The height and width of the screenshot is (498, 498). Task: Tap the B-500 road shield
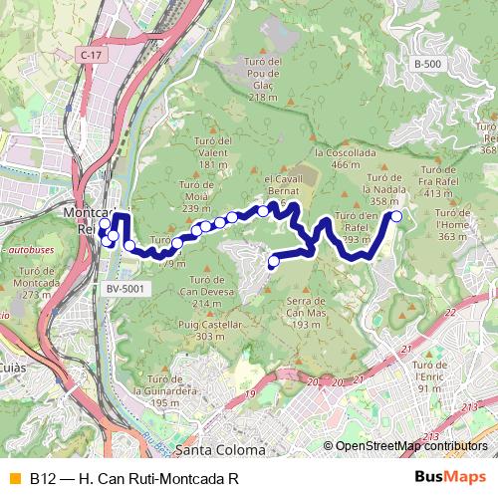coord(427,65)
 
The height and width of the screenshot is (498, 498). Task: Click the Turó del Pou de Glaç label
coord(262,79)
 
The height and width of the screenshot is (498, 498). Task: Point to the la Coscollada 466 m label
coord(345,158)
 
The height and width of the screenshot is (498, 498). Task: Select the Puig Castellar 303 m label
coord(210,331)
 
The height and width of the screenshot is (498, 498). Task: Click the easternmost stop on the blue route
coord(396,216)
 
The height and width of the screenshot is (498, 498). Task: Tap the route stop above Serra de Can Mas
coord(274,262)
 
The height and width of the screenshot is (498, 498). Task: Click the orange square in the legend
coord(14,478)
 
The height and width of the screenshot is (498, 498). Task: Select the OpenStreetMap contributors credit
coord(411,446)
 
